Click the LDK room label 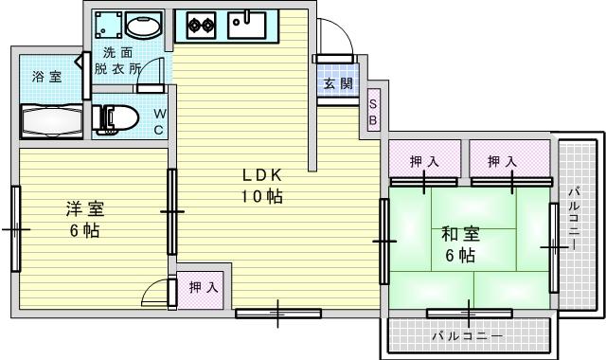click(261, 176)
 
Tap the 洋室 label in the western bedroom click(84, 207)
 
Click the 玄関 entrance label click(337, 83)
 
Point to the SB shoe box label click(373, 112)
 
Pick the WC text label click(160, 120)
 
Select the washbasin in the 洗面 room click(143, 25)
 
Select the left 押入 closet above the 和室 click(424, 162)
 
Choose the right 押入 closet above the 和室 click(503, 162)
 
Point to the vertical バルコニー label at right click(574, 217)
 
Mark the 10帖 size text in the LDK click(261, 197)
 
